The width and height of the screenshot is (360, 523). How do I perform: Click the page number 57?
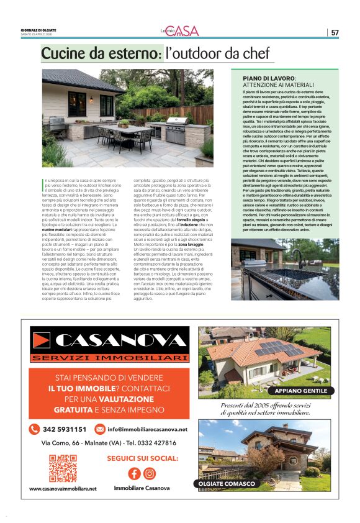click(335, 32)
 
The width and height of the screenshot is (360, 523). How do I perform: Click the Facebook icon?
click(133, 473)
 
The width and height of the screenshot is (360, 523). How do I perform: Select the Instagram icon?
click(150, 473)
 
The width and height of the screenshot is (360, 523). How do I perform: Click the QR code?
click(62, 468)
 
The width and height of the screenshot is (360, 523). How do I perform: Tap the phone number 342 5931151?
click(65, 429)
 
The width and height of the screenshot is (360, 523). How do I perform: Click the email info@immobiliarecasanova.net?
click(147, 429)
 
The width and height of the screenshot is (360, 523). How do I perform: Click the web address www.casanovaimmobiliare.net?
click(63, 489)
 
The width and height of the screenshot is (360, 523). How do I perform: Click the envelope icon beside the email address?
click(99, 429)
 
